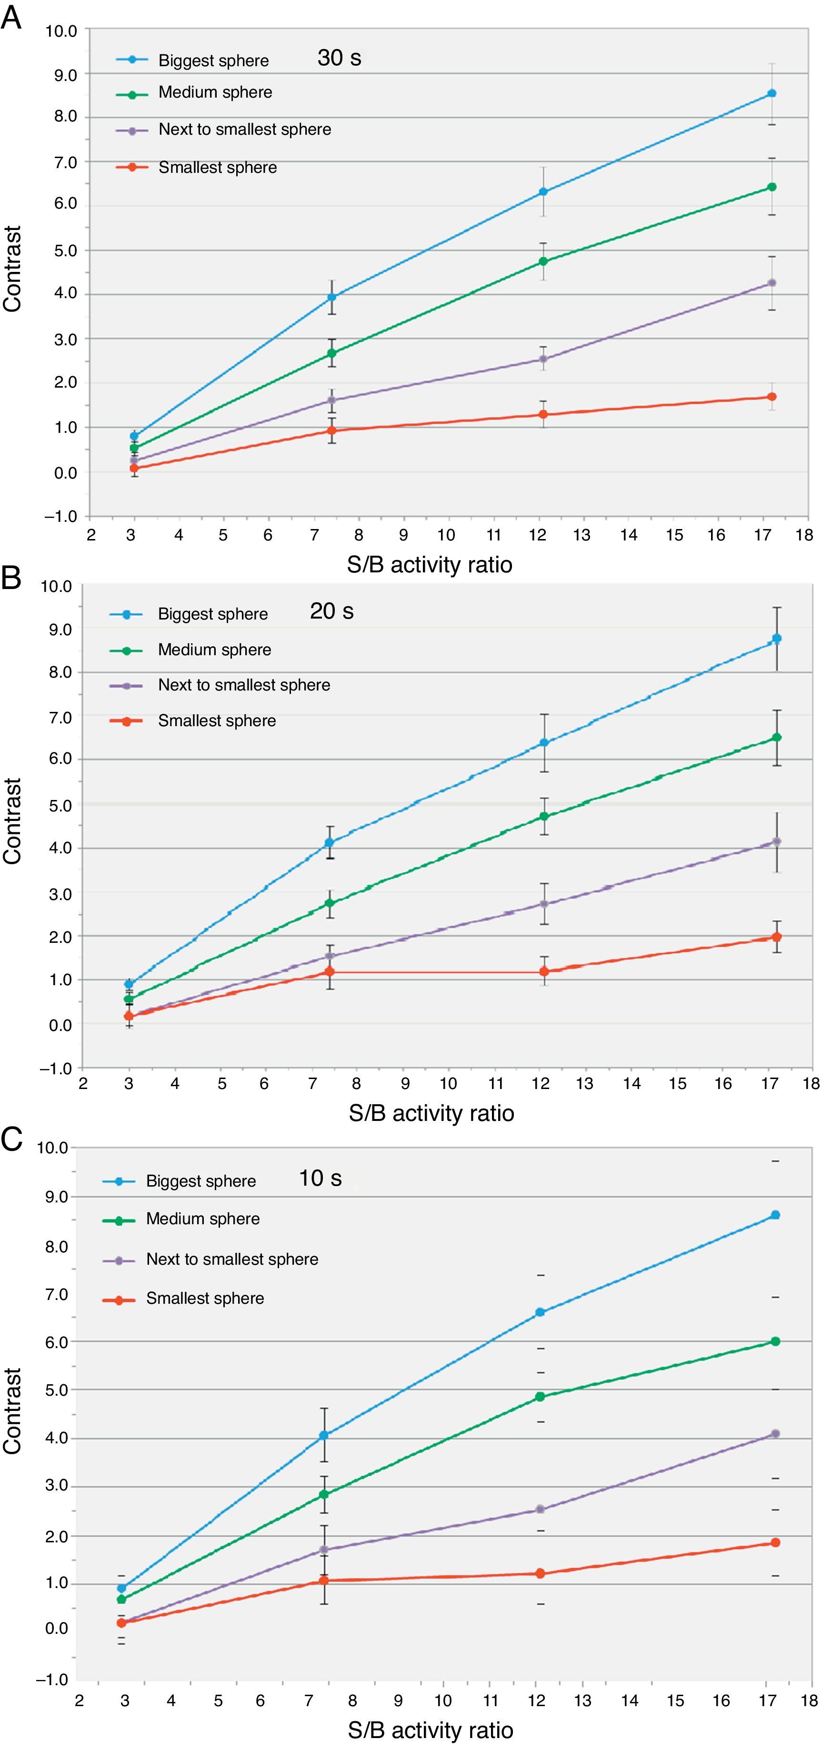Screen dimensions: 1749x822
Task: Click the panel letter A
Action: [x=11, y=18]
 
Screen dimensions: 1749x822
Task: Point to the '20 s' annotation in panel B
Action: [x=331, y=611]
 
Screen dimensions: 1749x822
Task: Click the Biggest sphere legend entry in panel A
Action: [x=213, y=60]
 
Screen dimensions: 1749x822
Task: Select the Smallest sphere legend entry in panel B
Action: [x=217, y=720]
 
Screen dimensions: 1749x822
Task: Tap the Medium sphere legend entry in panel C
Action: [x=202, y=1219]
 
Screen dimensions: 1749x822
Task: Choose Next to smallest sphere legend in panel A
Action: [x=244, y=130]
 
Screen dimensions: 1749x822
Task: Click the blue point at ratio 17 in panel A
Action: [x=771, y=93]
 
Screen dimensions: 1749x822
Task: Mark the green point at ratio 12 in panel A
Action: [x=543, y=261]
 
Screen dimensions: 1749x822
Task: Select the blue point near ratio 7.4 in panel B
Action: [x=329, y=842]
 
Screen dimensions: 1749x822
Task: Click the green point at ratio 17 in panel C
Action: [x=775, y=1341]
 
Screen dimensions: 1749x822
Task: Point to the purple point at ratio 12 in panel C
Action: [x=541, y=1509]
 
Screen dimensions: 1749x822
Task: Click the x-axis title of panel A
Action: [x=429, y=564]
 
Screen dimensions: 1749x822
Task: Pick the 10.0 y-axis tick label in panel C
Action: [x=52, y=1148]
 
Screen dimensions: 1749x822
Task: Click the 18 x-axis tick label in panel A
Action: [x=804, y=535]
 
